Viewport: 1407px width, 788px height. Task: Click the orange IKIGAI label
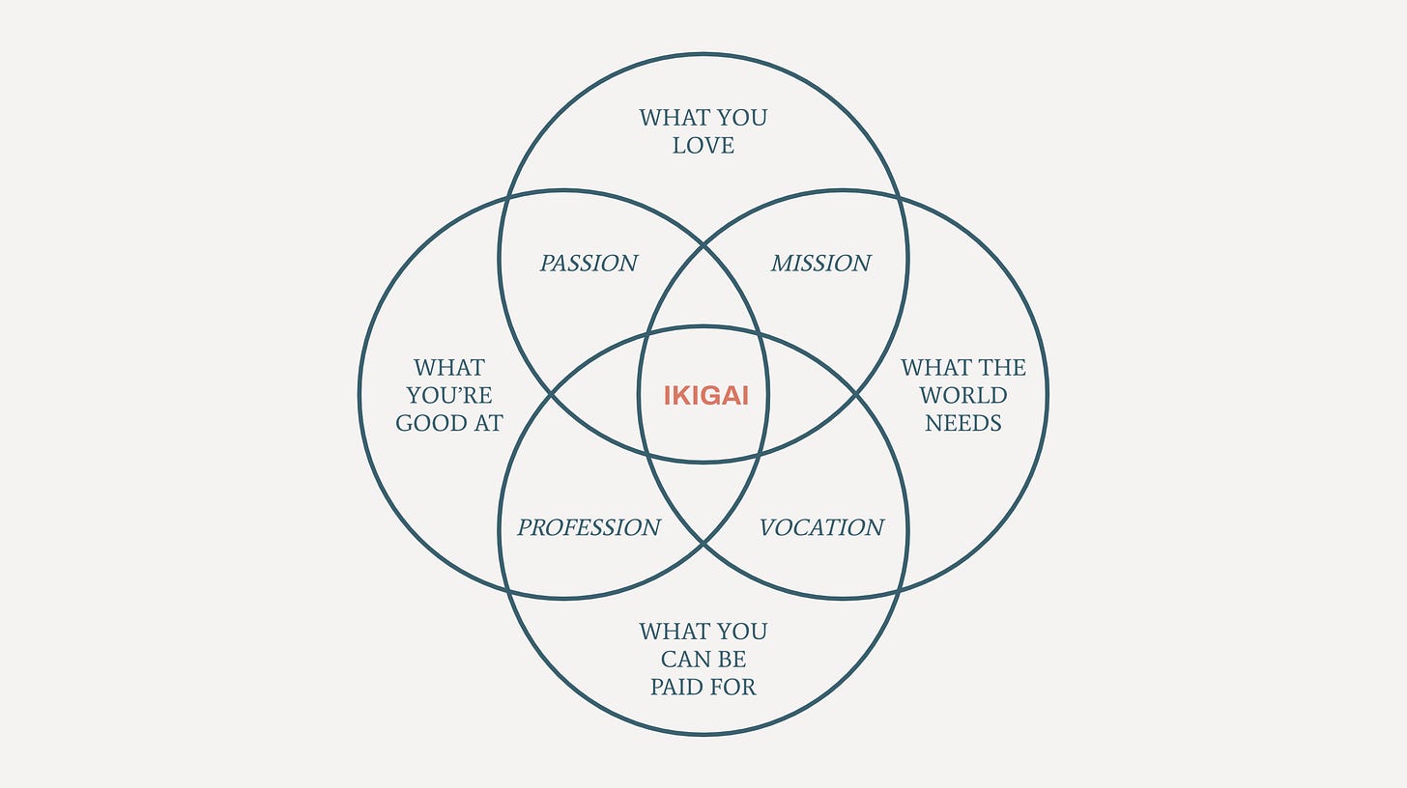coord(705,396)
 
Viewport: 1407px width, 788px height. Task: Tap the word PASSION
coord(589,263)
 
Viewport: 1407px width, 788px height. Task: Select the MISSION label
coord(820,263)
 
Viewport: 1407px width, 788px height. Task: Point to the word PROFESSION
coord(589,527)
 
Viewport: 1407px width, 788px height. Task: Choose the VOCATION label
coord(821,527)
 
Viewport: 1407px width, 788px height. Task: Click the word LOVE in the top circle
coord(703,146)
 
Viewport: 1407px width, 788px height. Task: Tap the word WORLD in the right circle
coord(963,395)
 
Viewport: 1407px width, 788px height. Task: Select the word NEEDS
coord(963,423)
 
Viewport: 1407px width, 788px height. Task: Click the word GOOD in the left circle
coord(430,423)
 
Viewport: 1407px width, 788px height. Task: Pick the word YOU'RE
coord(449,395)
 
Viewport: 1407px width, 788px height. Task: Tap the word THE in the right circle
coord(1005,368)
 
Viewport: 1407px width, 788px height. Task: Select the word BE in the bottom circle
coord(732,660)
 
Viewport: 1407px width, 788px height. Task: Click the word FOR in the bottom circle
coord(735,687)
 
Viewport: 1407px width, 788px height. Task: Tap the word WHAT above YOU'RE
coord(449,368)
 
